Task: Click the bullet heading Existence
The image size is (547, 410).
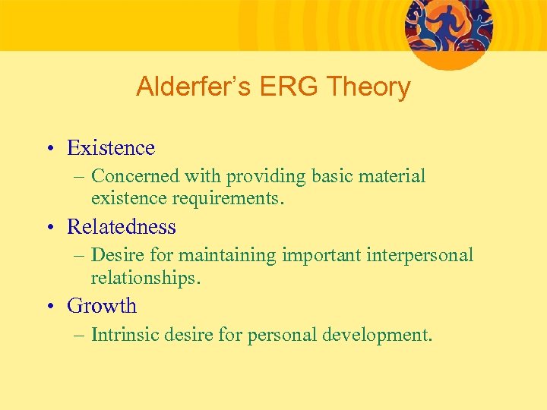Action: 111,147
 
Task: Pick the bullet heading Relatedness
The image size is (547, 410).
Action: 122,226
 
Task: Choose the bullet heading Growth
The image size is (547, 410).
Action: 102,306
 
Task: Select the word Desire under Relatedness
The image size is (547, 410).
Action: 115,255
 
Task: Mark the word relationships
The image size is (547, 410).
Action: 145,278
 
